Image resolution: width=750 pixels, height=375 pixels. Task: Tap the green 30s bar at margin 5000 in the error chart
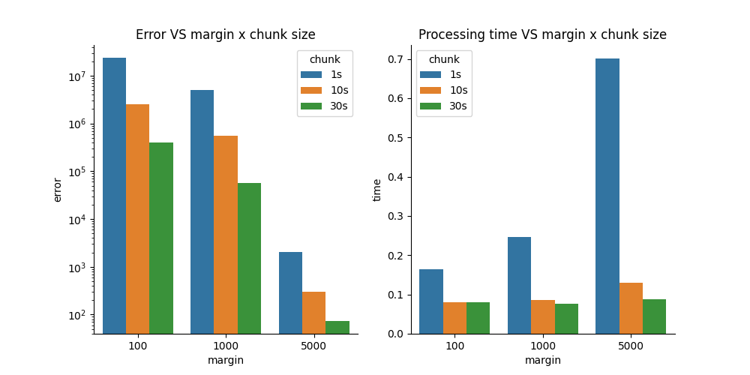337,327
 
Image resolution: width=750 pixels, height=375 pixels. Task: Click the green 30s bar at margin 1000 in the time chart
566,319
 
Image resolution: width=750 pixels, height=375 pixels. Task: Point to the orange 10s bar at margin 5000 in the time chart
631,308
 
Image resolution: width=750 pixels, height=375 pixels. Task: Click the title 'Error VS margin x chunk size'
225,34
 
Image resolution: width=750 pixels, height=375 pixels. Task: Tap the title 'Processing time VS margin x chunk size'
542,34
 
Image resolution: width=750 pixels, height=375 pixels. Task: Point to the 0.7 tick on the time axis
397,59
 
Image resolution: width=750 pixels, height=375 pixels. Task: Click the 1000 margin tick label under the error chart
226,346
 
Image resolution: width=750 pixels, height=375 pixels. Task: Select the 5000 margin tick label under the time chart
631,346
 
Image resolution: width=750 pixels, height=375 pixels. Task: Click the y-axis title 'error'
58,190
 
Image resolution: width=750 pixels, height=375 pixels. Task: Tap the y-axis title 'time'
377,190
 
